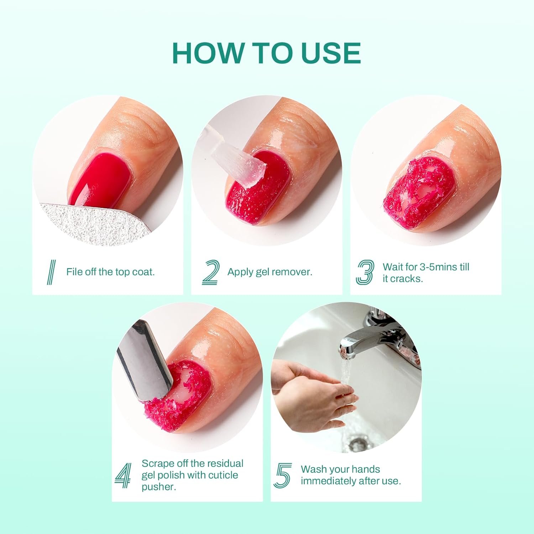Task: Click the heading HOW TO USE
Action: coord(266,53)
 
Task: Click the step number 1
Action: coord(52,272)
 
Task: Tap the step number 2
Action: coord(211,272)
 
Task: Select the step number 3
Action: coord(365,272)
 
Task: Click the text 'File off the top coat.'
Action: coord(110,272)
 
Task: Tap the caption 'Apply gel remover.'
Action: coord(270,272)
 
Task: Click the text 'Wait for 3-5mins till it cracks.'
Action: coord(426,273)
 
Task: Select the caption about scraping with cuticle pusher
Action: coord(192,475)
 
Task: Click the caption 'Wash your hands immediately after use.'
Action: coord(351,475)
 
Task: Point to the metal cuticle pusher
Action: coord(146,360)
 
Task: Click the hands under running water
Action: coord(313,392)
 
